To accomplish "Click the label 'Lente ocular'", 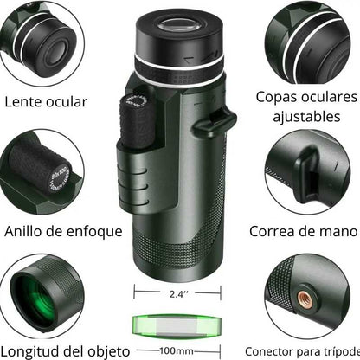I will [x=46, y=101].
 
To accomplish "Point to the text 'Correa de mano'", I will [x=303, y=231].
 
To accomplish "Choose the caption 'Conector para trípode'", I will [x=300, y=350].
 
